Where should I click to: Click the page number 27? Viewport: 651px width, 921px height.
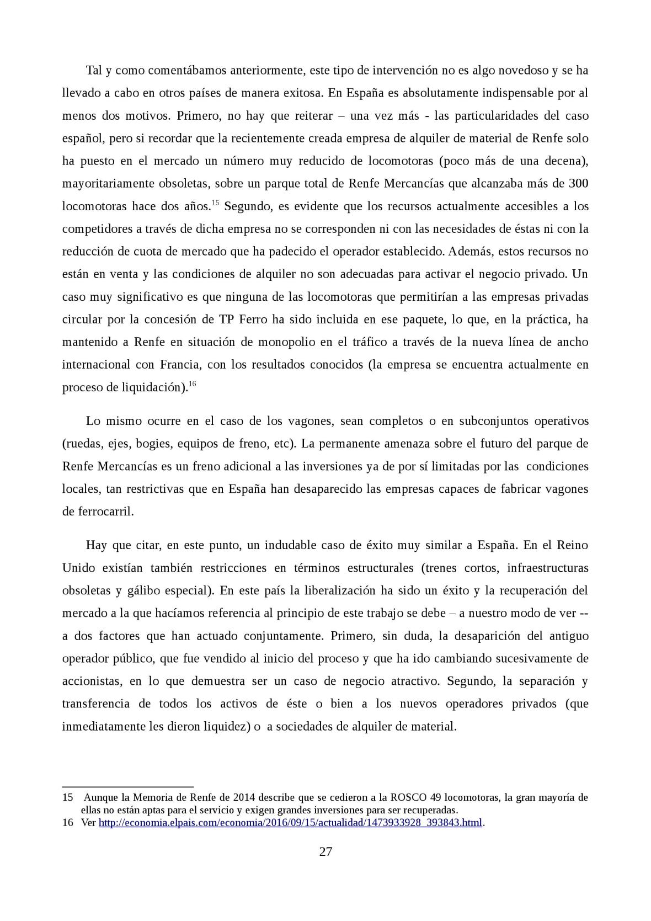325,851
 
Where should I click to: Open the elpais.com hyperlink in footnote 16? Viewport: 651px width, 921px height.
291,823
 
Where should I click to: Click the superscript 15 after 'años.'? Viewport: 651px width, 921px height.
215,204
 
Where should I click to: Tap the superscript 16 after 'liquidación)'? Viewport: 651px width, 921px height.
193,384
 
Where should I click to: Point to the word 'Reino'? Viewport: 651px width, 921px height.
573,545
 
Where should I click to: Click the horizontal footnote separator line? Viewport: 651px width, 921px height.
127,786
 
